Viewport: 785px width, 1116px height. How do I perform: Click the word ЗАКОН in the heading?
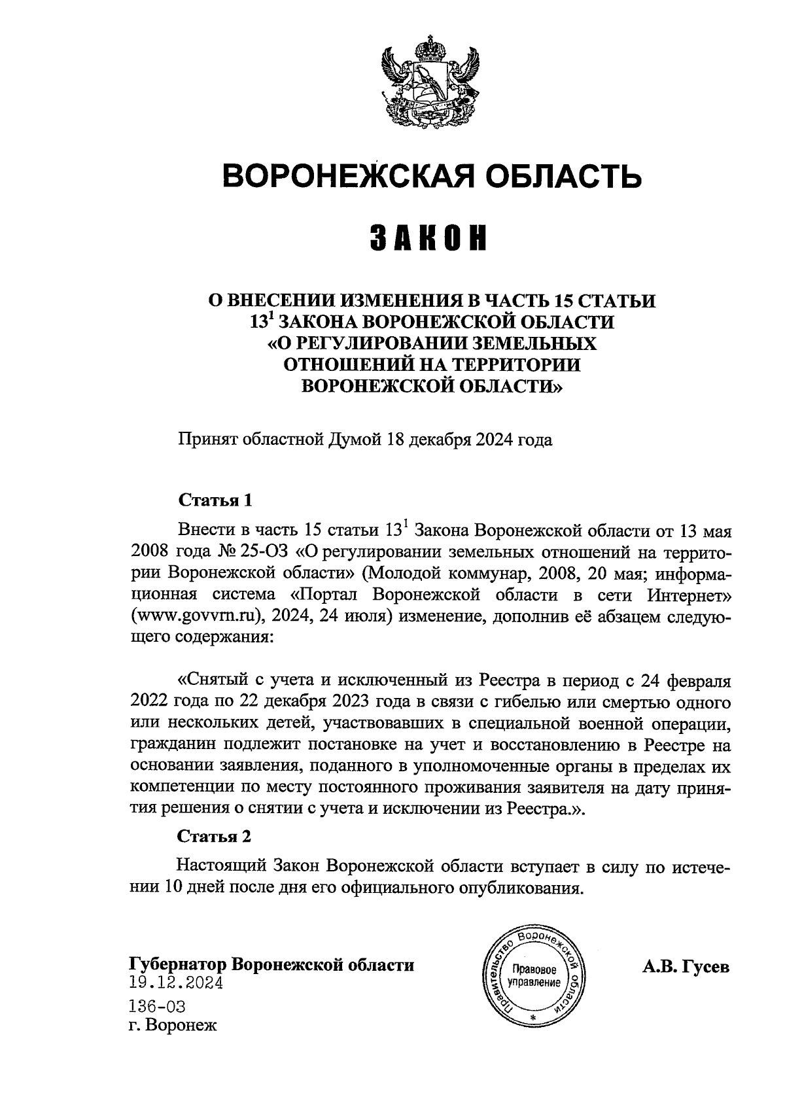tap(432, 239)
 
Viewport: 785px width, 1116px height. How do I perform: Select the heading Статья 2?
tap(215, 836)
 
